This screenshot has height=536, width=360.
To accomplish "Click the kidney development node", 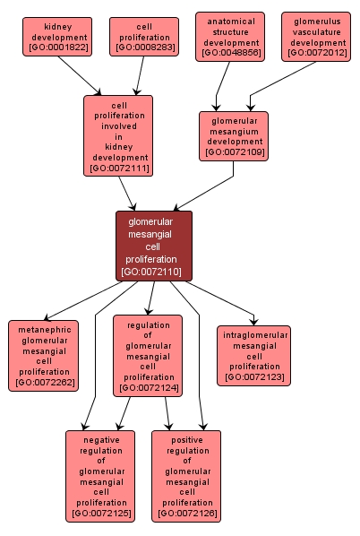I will tap(57, 37).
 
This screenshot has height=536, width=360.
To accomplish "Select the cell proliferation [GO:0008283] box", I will tap(144, 37).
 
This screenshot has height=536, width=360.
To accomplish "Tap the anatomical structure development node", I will tap(230, 37).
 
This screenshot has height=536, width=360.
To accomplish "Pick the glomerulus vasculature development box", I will tap(317, 37).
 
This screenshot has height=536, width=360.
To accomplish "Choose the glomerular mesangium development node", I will tap(234, 136).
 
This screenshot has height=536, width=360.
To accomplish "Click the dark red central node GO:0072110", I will tap(153, 246).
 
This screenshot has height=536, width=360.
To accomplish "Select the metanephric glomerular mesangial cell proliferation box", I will tap(44, 356).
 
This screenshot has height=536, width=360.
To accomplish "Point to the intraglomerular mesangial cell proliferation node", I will tap(254, 356).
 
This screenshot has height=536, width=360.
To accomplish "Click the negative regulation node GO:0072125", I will tap(100, 475).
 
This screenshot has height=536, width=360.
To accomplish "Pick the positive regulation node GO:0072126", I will tap(186, 475).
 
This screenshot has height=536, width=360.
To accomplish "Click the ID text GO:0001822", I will tap(57, 48).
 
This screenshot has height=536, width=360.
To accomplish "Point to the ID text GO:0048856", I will tap(230, 53).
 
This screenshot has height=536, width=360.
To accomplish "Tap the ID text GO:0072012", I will tap(317, 53).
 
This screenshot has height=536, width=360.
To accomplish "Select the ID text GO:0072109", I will tap(234, 152).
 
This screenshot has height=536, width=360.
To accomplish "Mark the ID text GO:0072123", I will tap(254, 377).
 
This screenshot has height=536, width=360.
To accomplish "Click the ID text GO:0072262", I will tap(44, 383).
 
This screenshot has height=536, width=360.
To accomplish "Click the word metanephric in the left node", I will tap(44, 329).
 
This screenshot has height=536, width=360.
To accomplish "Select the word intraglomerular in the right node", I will tap(254, 335).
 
